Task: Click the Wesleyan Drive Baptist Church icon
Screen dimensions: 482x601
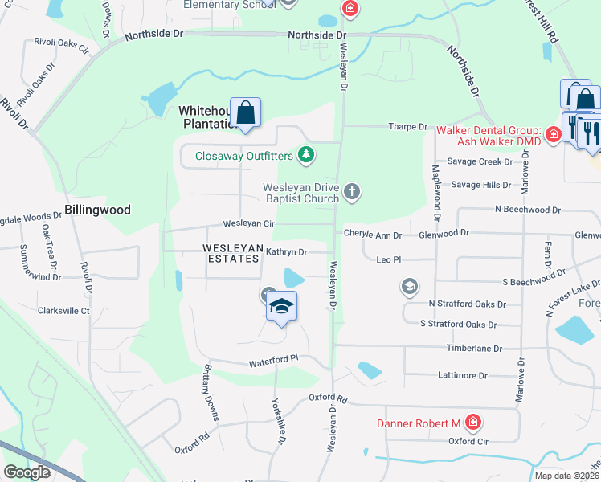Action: point(351,192)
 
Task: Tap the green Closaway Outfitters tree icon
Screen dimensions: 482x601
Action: point(305,154)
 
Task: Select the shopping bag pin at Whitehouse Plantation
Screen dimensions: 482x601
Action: point(246,112)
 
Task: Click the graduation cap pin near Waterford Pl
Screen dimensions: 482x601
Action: point(281,307)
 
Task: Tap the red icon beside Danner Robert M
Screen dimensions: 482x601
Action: point(474,422)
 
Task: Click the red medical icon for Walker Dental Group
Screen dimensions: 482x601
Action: point(553,134)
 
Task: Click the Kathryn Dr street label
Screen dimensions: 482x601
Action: point(287,252)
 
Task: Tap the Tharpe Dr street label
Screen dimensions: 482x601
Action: point(408,127)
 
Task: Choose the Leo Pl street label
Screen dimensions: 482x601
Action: point(388,259)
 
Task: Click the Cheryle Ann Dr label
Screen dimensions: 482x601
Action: point(373,235)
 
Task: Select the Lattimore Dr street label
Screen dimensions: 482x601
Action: point(462,375)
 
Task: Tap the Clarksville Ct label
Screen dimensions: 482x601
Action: point(63,310)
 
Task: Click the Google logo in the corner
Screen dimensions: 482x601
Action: point(27,472)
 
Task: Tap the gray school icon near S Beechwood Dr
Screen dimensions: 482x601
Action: point(409,286)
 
